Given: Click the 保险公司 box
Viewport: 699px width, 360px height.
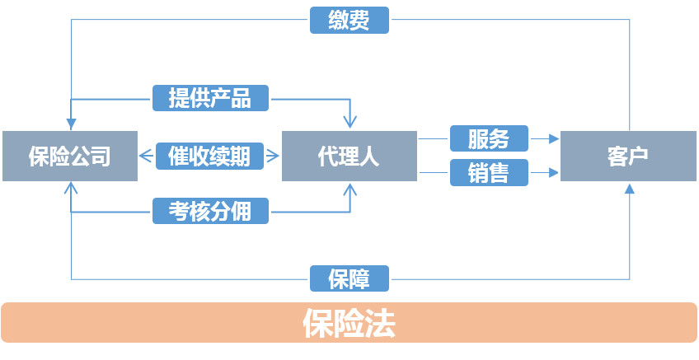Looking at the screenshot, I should (69, 156).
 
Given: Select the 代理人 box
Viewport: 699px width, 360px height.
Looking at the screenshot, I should (349, 156).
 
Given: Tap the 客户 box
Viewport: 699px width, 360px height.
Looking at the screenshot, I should (629, 156).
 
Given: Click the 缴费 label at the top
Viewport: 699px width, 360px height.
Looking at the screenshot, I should (349, 20).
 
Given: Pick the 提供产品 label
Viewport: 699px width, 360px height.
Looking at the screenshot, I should (211, 98).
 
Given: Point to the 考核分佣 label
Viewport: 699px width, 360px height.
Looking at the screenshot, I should (211, 212).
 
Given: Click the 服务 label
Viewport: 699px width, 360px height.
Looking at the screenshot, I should (489, 138).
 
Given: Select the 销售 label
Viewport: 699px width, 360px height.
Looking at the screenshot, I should (489, 173).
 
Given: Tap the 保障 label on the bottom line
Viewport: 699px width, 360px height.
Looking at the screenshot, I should (349, 278).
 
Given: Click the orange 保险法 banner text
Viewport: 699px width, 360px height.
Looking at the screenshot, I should (349, 324).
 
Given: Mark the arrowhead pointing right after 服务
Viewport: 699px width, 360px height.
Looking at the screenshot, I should (554, 139).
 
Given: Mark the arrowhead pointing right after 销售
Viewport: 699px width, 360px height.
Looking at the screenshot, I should (554, 173).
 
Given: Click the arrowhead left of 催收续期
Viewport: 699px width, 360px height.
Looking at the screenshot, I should (144, 156).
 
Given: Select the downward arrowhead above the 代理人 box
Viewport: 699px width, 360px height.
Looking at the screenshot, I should (350, 124).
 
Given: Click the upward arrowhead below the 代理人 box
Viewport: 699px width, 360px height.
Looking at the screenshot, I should (350, 189).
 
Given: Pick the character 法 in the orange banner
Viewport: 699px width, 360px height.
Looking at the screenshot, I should (380, 324).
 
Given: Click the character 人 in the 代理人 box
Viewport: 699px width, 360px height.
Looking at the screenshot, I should (371, 156).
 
